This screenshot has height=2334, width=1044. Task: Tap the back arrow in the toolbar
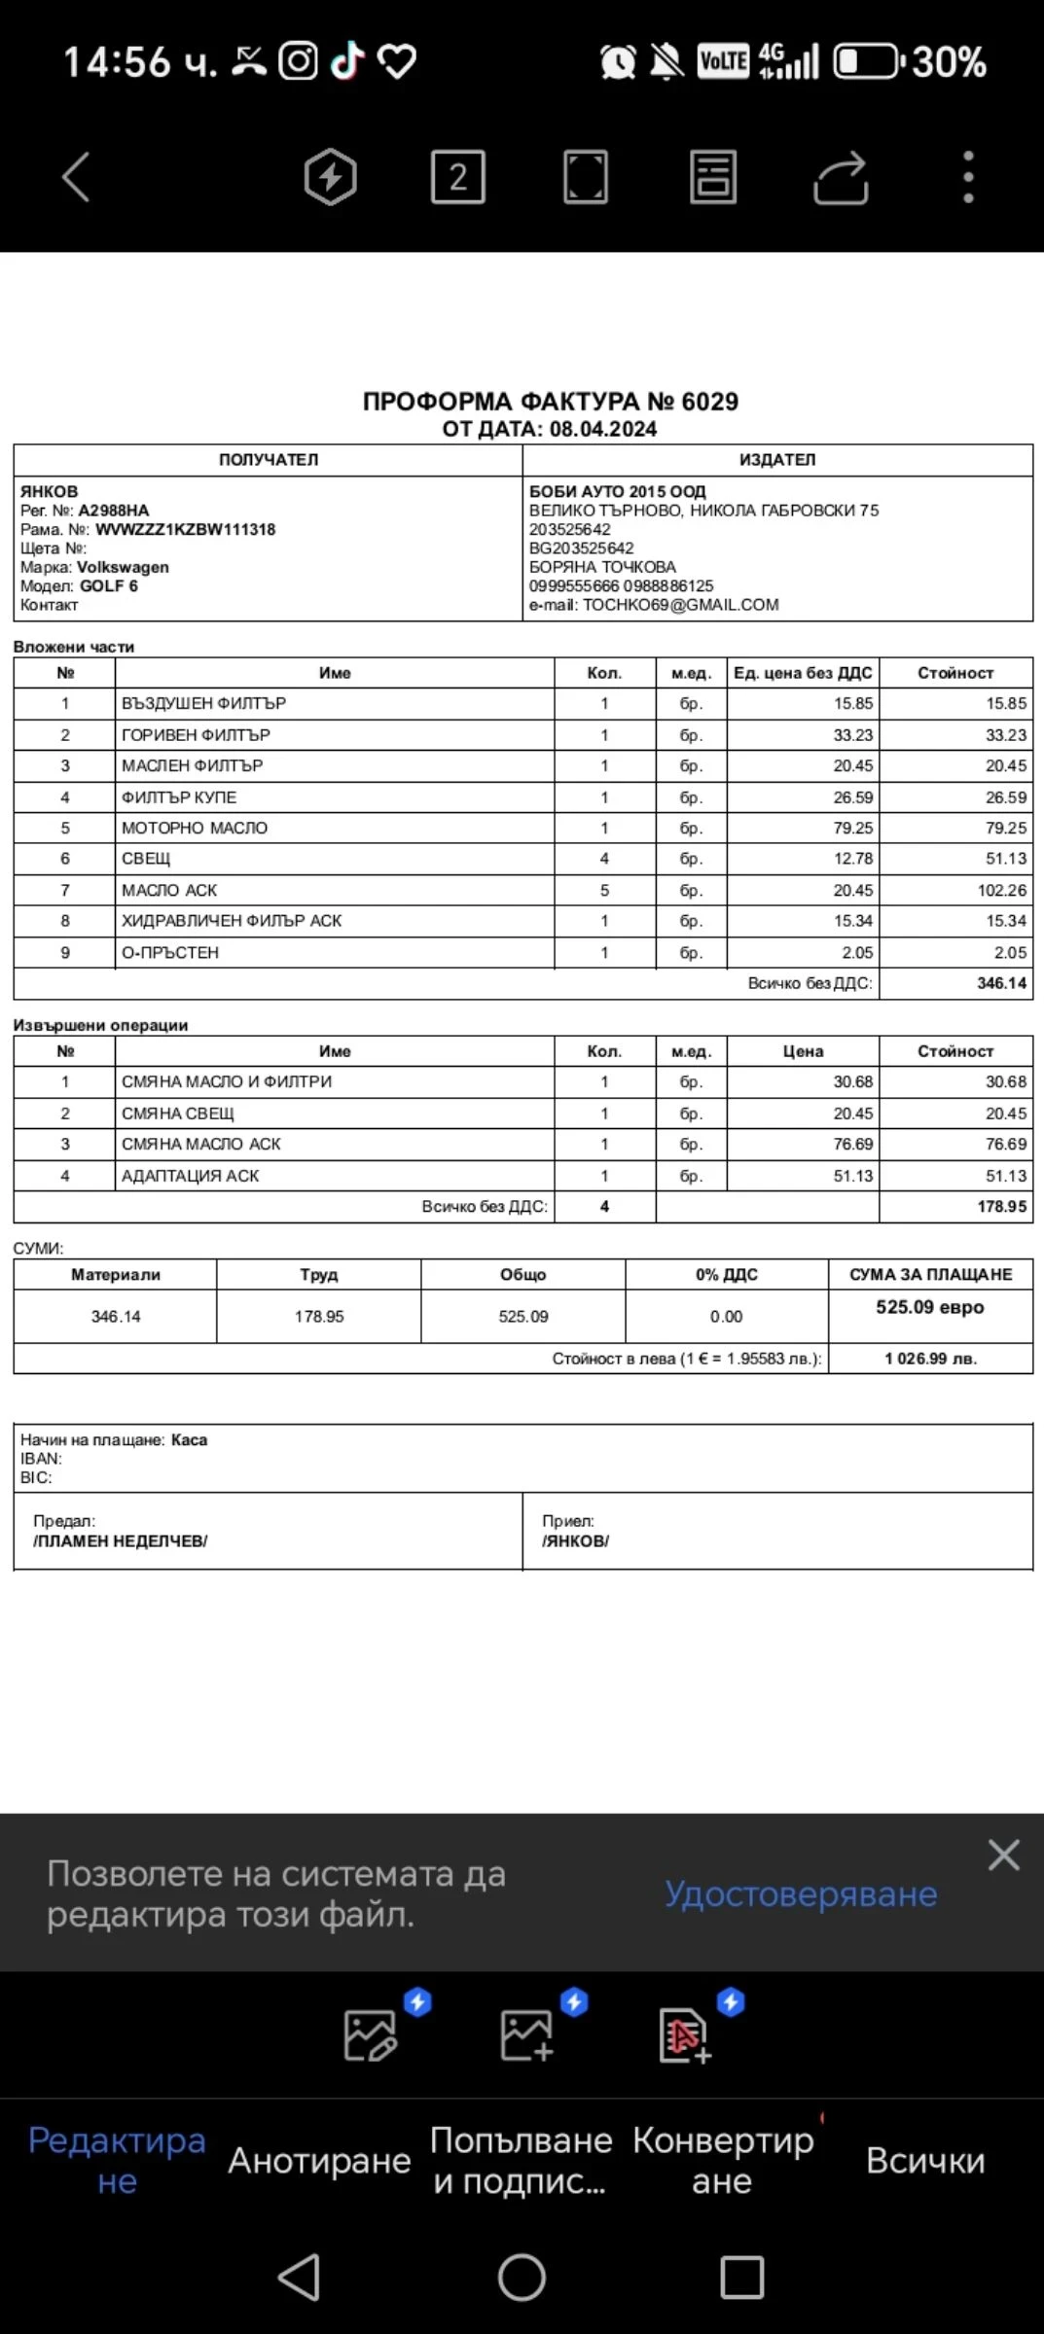point(76,177)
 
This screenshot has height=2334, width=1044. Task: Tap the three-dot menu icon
point(967,177)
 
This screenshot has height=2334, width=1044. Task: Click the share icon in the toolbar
point(840,178)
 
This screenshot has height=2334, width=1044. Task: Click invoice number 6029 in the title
point(709,402)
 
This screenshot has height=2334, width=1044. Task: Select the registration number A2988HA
point(114,511)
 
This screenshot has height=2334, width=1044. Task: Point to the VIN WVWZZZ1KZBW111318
point(185,530)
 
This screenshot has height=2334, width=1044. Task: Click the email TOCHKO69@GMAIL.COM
point(680,605)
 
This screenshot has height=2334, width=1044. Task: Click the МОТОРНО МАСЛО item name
point(195,829)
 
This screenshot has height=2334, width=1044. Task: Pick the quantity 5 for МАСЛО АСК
point(604,891)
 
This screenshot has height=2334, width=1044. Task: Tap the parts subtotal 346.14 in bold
point(1001,983)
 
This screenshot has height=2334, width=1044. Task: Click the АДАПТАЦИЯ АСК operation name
point(191,1176)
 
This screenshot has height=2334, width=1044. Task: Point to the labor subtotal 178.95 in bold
point(1001,1207)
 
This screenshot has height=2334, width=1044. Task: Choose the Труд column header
point(319,1275)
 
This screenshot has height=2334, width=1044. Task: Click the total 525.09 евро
point(929,1307)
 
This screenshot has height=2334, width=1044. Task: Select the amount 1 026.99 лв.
point(930,1359)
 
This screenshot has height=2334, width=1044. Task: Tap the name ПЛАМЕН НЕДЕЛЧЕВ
point(121,1541)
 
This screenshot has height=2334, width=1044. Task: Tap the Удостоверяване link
point(801,1893)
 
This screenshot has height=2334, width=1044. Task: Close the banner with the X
point(1003,1855)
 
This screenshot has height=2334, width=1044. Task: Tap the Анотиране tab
point(319,2161)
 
